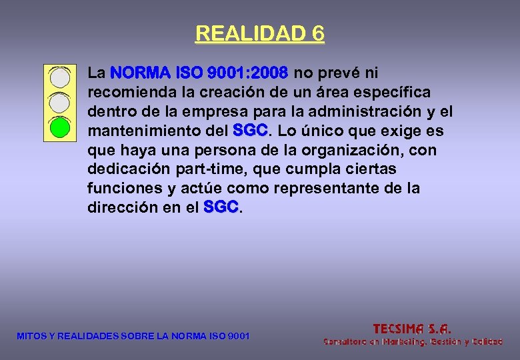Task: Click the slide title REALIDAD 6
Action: coord(259,33)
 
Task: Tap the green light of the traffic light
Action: coord(60,127)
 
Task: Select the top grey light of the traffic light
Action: coord(60,78)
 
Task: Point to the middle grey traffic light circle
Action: coord(60,102)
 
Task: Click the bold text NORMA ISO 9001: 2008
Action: coord(199,72)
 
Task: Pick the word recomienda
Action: coord(125,91)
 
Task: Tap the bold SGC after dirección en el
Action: coord(221,208)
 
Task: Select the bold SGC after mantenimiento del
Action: coord(251,130)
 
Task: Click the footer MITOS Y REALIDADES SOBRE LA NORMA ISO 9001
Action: coord(133,336)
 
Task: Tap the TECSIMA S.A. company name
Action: coord(412,329)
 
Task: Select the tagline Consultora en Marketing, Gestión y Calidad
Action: coord(413,342)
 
